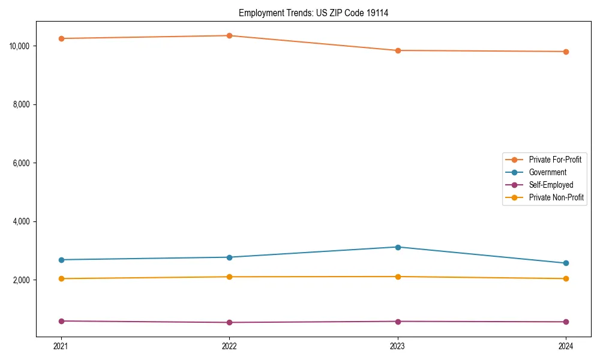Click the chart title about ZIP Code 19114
click(313, 13)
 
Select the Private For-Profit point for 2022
click(229, 35)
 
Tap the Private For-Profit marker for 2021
click(61, 38)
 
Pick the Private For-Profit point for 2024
click(566, 52)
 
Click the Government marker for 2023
click(398, 247)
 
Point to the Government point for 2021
click(61, 260)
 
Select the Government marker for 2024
click(566, 263)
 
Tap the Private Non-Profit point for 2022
click(229, 277)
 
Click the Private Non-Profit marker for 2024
click(566, 278)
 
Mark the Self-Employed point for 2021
click(61, 321)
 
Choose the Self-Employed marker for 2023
click(398, 322)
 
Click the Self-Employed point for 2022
click(229, 322)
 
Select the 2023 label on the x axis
click(398, 346)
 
